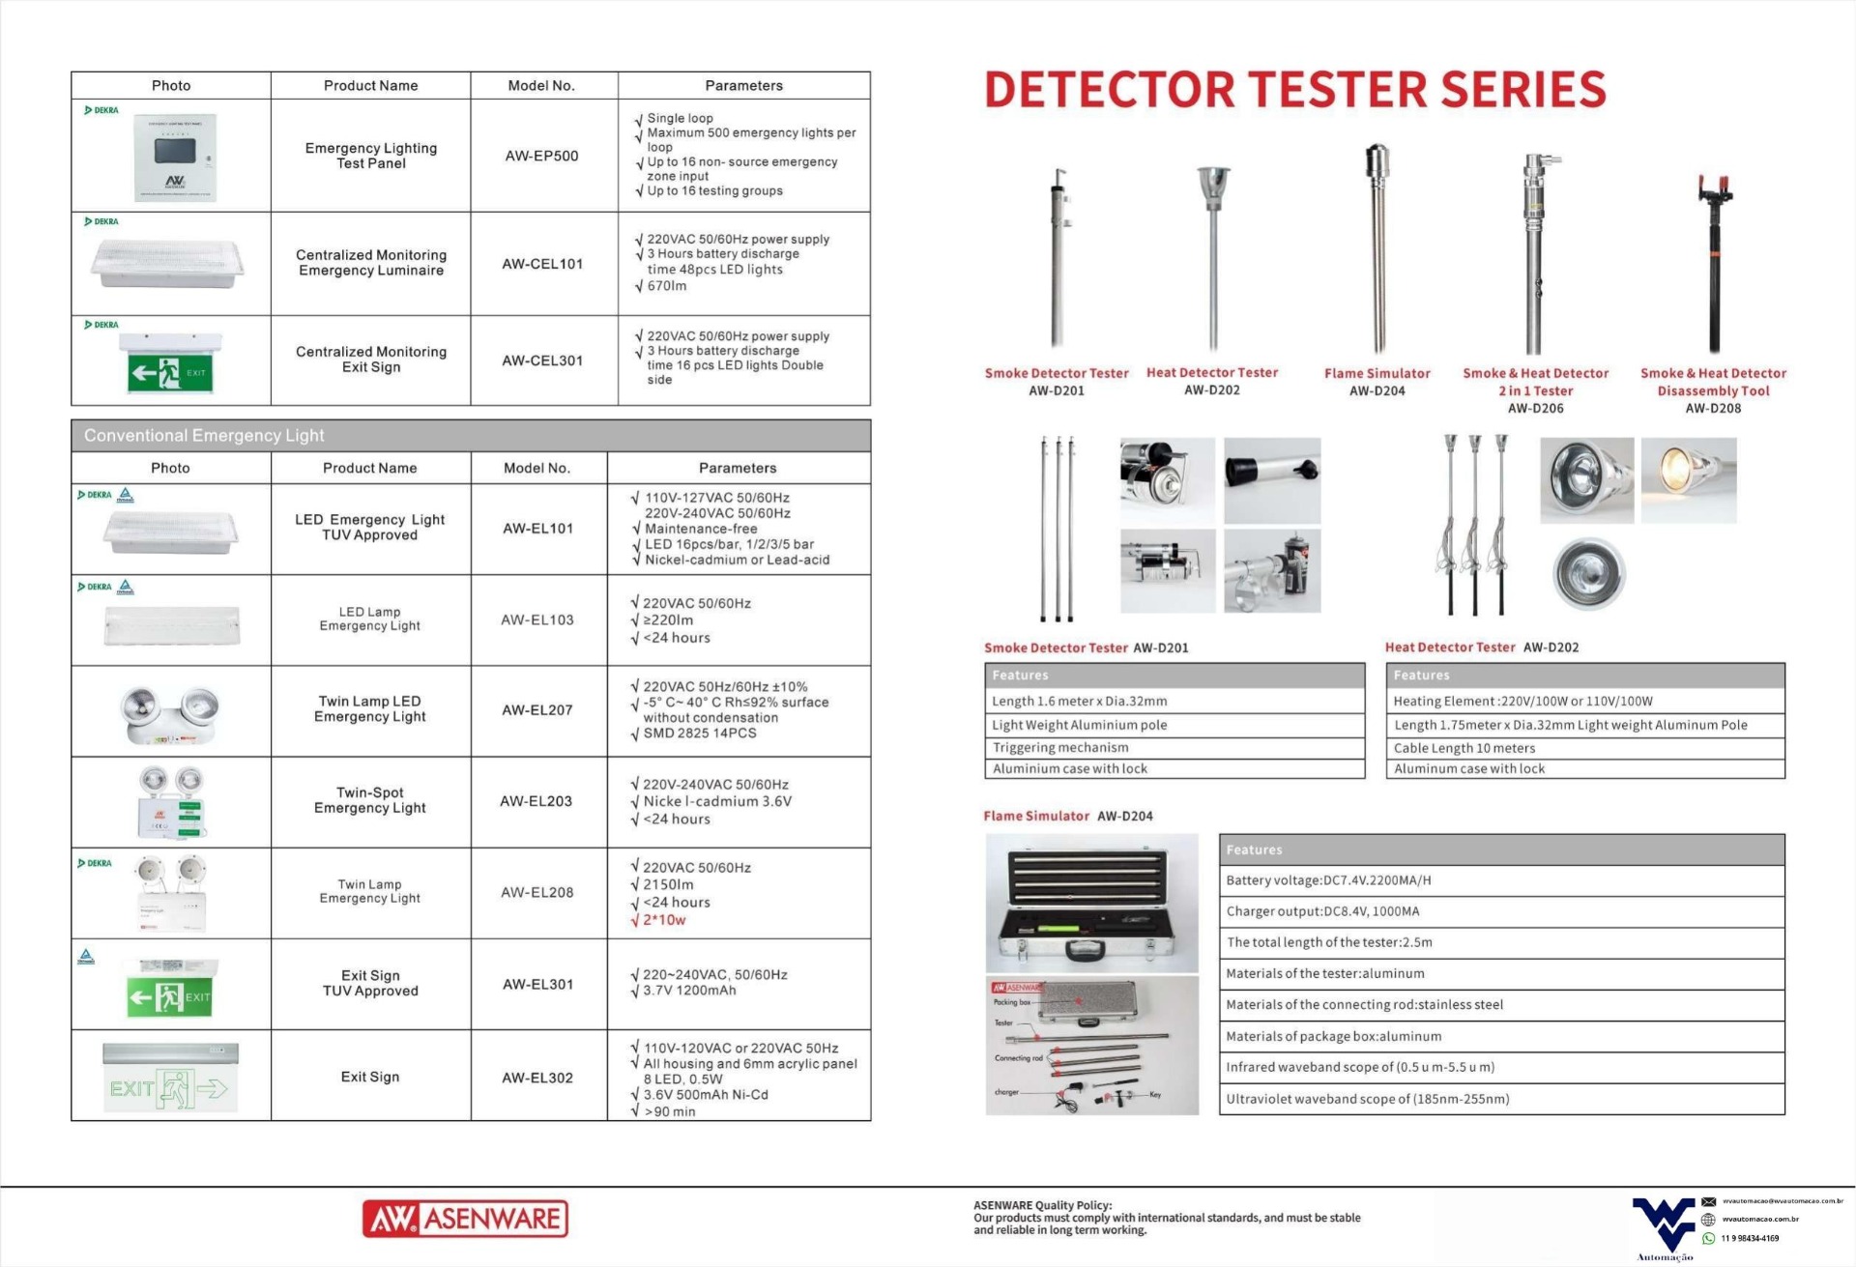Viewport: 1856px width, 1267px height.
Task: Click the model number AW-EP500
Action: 541,156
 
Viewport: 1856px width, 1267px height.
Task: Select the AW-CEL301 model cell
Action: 542,360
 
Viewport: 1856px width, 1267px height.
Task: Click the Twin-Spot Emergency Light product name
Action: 369,800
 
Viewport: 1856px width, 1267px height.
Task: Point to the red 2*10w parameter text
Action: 664,920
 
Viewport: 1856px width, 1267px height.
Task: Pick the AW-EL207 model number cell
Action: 536,710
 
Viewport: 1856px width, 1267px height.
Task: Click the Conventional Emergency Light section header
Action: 204,436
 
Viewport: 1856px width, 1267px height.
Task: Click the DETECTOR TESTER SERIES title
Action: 1294,90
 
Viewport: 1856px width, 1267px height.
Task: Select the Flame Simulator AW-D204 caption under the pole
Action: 1377,382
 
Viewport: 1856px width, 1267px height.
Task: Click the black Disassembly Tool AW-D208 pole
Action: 1712,261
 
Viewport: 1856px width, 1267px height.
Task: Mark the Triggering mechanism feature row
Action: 1060,747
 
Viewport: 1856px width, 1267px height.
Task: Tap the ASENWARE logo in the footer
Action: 465,1219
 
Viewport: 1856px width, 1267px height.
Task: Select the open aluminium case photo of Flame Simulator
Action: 1091,903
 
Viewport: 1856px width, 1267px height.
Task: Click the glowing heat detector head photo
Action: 1688,480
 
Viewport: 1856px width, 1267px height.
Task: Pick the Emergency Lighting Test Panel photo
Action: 175,157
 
